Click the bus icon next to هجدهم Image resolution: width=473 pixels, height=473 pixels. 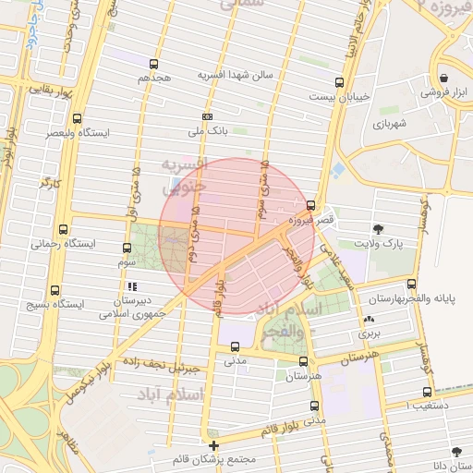click(153, 65)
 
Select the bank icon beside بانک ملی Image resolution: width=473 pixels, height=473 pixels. click(207, 117)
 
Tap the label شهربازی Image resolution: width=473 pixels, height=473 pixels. click(392, 123)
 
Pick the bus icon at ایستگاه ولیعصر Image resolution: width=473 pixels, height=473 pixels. click(76, 118)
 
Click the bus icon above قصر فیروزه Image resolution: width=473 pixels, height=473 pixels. click(310, 206)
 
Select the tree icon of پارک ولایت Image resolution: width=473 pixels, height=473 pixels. click(379, 228)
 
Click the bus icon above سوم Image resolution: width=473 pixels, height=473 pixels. click(127, 247)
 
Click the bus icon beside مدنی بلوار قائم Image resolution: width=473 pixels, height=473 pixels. click(315, 406)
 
